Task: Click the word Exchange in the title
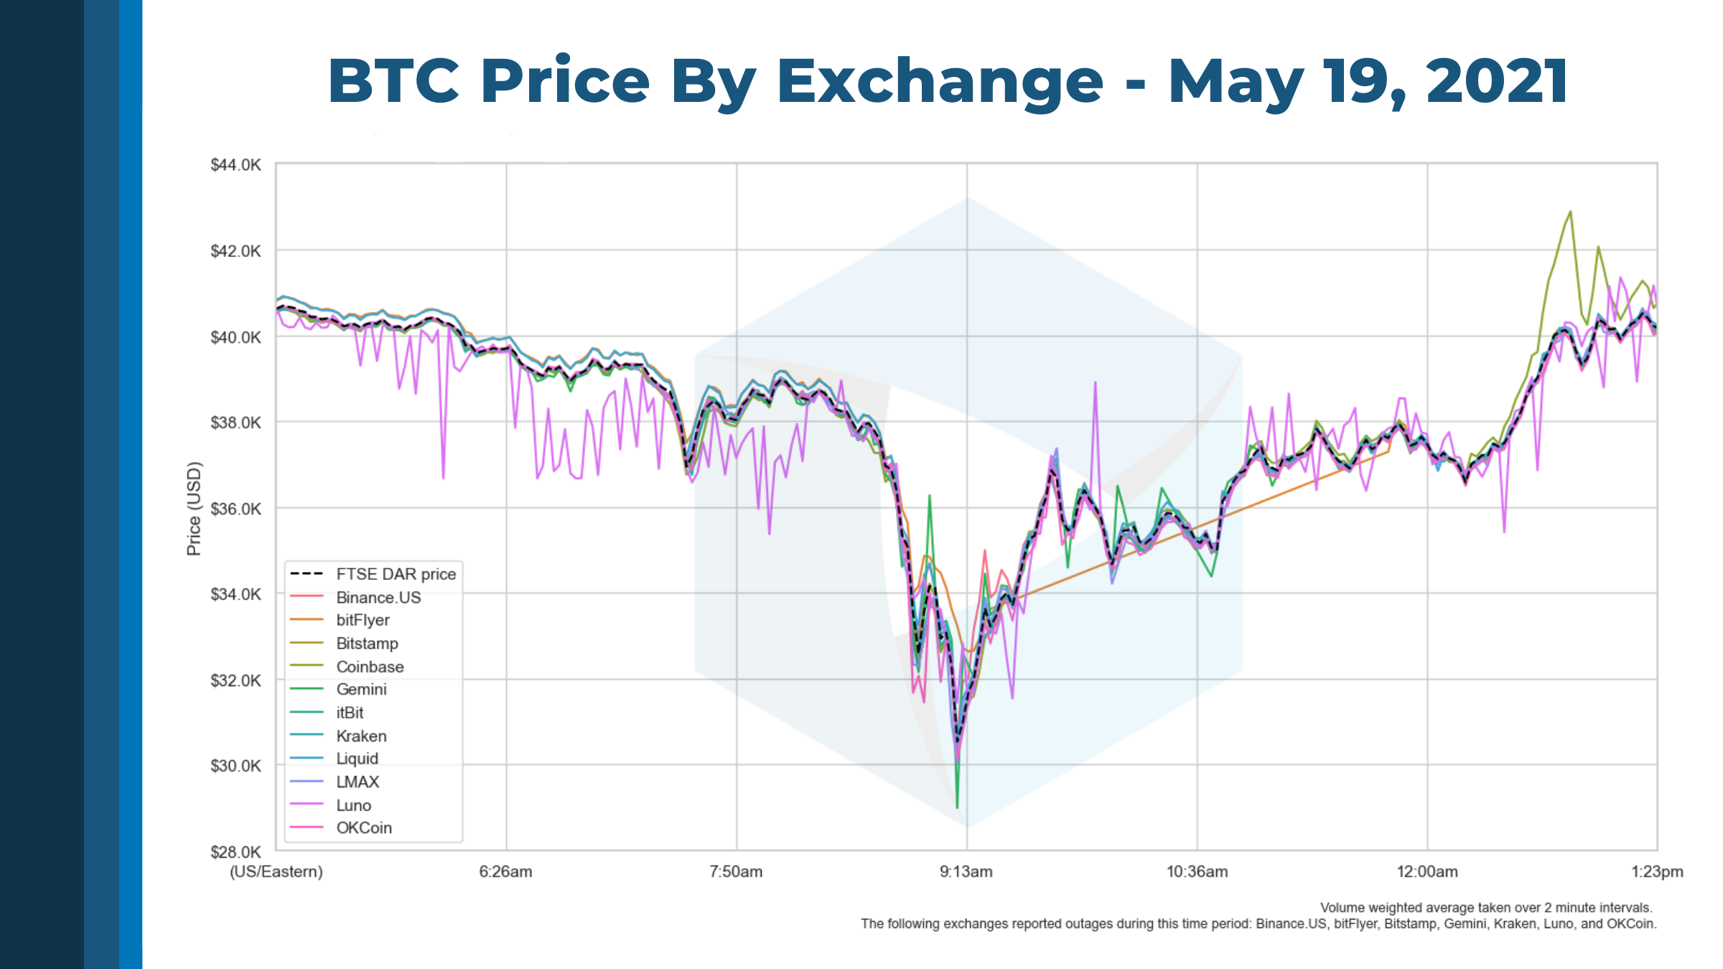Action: (x=939, y=80)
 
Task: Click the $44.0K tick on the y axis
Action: (x=235, y=165)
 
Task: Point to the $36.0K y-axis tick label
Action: (x=235, y=509)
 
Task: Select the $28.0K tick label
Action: (x=235, y=852)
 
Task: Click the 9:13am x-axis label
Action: (x=966, y=871)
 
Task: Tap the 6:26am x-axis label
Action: (x=505, y=871)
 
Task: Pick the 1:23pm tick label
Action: (x=1657, y=871)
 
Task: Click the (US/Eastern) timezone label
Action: (x=276, y=871)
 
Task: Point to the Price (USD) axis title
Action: (x=194, y=508)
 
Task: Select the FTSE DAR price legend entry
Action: (x=396, y=574)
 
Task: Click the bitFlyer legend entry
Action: (x=363, y=620)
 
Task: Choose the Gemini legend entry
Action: (x=361, y=690)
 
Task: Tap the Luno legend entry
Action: (x=353, y=805)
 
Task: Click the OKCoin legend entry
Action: (x=364, y=828)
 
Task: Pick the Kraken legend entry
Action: (x=361, y=736)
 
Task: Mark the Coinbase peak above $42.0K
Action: (x=1570, y=212)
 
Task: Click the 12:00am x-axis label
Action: (x=1427, y=871)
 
